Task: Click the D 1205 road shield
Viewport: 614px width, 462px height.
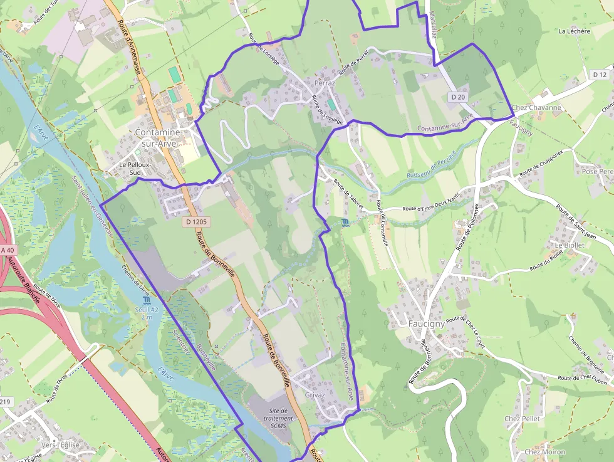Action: [196, 222]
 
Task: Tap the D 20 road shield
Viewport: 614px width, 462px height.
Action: [458, 97]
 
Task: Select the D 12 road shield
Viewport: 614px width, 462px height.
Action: [599, 75]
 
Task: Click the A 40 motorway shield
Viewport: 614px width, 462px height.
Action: [7, 250]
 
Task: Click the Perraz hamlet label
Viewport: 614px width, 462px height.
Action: [325, 83]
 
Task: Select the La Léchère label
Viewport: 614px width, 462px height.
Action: [574, 31]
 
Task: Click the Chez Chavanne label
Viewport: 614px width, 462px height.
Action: [536, 107]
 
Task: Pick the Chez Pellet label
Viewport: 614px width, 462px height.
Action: [522, 418]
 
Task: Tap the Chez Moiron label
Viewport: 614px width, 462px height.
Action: [544, 451]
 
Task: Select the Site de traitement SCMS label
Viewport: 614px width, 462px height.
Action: [278, 418]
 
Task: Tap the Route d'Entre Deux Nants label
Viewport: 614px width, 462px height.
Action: [431, 208]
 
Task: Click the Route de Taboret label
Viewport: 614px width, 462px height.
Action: [348, 192]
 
